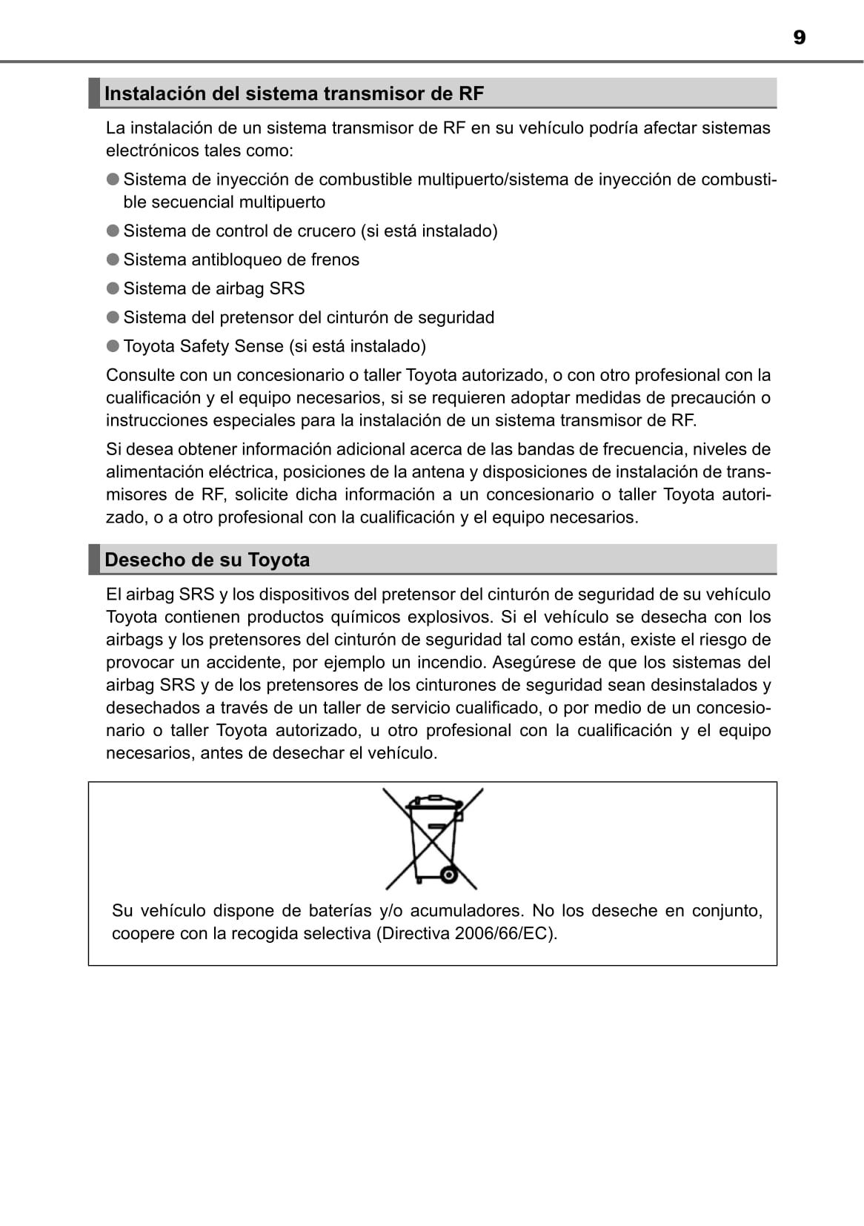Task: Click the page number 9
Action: tap(799, 38)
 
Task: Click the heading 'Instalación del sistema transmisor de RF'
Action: tap(294, 94)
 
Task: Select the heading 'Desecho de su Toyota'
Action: tap(207, 560)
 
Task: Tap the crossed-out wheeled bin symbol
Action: tap(433, 838)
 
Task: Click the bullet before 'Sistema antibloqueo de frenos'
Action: tap(113, 259)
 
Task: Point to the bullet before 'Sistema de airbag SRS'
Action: tap(113, 288)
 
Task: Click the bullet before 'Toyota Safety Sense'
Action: tap(113, 346)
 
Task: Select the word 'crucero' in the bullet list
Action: tap(326, 231)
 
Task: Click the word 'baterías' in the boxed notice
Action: tap(340, 911)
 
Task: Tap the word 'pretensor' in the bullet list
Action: tap(256, 318)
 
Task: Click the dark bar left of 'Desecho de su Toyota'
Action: tap(94, 560)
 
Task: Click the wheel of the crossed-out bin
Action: tap(448, 875)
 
